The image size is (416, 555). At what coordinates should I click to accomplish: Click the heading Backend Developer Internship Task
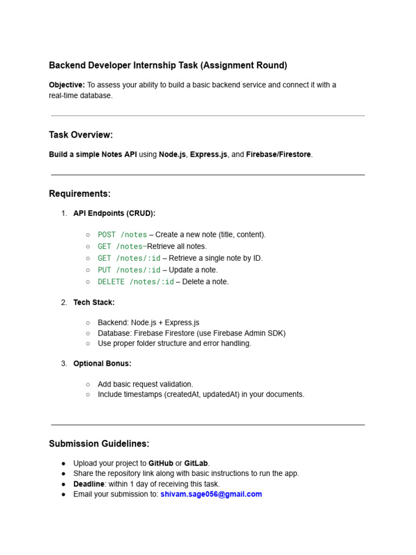click(x=168, y=66)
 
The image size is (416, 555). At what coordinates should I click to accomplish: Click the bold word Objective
click(x=67, y=85)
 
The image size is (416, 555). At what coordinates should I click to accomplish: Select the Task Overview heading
click(x=81, y=135)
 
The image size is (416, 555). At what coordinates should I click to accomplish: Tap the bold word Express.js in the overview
click(x=209, y=154)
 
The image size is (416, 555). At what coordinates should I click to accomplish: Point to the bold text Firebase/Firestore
click(x=278, y=154)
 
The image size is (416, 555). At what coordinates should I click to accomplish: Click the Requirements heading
click(x=80, y=194)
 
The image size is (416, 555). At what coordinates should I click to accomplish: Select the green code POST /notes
click(x=122, y=235)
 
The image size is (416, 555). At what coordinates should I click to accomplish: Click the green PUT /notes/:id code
click(x=129, y=270)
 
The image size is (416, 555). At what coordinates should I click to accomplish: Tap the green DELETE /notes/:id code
click(x=136, y=282)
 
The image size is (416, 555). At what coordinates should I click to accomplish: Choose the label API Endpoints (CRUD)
click(x=114, y=214)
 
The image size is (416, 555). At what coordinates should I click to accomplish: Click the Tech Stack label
click(x=94, y=302)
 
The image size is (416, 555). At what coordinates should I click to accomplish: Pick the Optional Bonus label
click(x=102, y=364)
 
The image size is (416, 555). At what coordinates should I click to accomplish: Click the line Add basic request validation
click(x=145, y=384)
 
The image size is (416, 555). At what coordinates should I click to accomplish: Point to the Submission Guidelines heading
click(x=99, y=444)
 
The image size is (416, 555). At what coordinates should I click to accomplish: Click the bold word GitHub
click(x=161, y=463)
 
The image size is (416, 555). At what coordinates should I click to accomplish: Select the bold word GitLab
click(x=196, y=463)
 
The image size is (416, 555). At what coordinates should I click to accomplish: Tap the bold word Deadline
click(x=89, y=484)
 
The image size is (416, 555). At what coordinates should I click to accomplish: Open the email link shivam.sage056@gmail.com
click(x=211, y=494)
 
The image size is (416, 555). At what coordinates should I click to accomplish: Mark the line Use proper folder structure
click(x=174, y=344)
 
